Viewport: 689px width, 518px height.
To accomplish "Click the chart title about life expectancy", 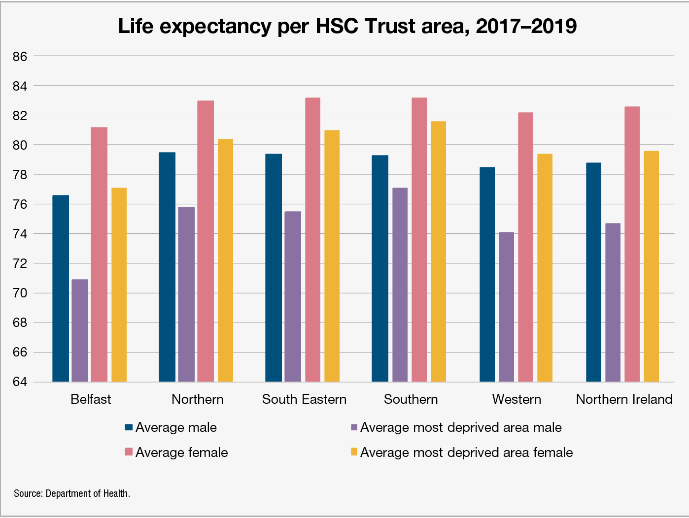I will coord(347,26).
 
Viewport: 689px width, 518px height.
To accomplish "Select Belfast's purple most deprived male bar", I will coord(80,330).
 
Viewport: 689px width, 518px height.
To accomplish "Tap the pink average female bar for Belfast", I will coord(99,254).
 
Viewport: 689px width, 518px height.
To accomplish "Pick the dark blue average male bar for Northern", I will coord(167,267).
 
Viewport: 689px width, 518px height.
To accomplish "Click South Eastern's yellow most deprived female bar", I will coord(331,256).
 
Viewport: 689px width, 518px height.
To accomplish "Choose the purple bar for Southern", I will coord(400,285).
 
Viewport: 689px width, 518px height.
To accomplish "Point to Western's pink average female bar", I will coord(525,247).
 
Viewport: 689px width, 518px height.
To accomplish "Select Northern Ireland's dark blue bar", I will coord(593,272).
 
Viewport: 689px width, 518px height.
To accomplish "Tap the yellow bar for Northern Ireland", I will coord(651,266).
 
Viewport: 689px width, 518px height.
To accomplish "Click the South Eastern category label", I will coord(304,399).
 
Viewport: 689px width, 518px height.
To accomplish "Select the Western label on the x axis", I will coord(517,399).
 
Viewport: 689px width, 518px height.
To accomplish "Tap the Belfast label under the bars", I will coord(91,399).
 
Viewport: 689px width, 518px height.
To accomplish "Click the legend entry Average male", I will coord(176,427).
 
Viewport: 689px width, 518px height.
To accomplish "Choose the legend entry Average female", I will coord(181,453).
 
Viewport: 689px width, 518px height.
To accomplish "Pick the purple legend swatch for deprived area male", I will coord(354,427).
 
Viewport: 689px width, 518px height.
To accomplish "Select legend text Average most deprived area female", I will coord(466,453).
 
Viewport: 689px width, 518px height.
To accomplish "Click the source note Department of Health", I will coord(72,493).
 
